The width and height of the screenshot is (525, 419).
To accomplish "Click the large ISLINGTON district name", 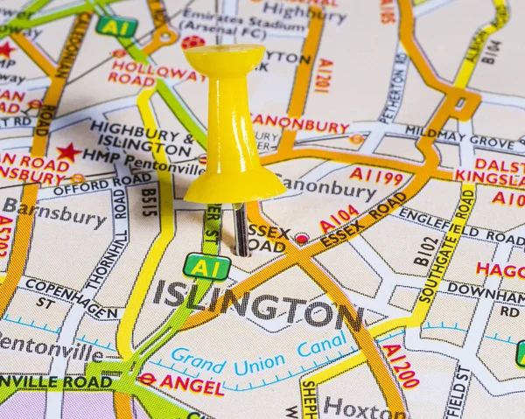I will click(x=258, y=305).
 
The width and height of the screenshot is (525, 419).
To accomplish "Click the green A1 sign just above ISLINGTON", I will click(x=206, y=266).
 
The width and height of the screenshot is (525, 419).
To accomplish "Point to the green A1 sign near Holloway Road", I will click(x=116, y=26).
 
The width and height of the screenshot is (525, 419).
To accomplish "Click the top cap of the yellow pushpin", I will click(x=224, y=58).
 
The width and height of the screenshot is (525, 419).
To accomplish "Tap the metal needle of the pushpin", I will click(x=240, y=229).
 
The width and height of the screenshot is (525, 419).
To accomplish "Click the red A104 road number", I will click(x=339, y=220).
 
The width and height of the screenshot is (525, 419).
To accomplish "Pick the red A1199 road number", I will click(x=376, y=176).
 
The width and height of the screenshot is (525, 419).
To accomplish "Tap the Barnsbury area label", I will click(x=54, y=213).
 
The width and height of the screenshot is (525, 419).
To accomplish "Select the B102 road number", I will click(x=425, y=249).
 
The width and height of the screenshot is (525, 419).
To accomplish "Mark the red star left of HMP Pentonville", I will click(x=67, y=152).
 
